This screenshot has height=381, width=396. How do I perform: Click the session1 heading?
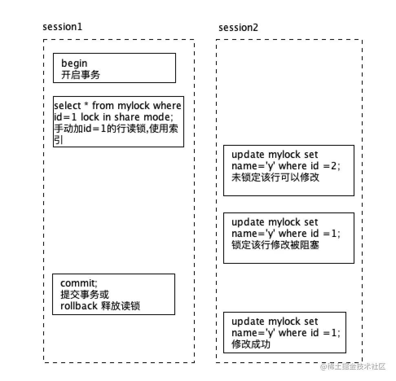[x=62, y=27]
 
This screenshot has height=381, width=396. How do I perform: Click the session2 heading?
[x=238, y=27]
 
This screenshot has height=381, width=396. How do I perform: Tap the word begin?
[x=74, y=63]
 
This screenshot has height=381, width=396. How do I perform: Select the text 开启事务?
[x=80, y=74]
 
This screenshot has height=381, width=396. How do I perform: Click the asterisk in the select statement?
[x=86, y=105]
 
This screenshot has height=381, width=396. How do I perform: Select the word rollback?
[x=79, y=306]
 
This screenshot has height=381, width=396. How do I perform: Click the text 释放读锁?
[x=120, y=306]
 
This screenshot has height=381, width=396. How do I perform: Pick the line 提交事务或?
[x=85, y=294]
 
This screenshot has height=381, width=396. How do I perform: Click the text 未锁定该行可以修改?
[x=275, y=177]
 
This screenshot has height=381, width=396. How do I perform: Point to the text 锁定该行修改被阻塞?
[x=275, y=245]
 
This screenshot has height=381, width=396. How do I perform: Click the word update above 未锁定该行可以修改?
[x=248, y=155]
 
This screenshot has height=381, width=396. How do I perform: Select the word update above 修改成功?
[x=248, y=322]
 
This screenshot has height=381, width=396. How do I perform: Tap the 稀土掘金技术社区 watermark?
[x=352, y=367]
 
